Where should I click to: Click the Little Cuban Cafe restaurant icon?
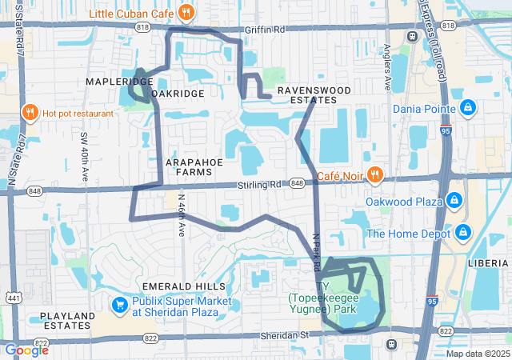click(x=186, y=12)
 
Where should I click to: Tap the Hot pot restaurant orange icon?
click(x=30, y=113)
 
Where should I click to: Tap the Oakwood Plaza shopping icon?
click(x=454, y=201)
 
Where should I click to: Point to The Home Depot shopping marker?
click(x=462, y=234)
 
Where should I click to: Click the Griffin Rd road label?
click(x=267, y=30)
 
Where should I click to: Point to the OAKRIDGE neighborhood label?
click(x=177, y=94)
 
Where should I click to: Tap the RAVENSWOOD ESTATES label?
click(x=308, y=96)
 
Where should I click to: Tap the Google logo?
click(x=26, y=350)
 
